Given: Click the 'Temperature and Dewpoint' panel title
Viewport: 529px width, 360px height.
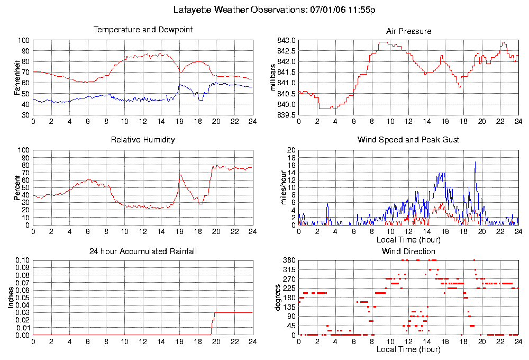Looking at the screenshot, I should [143, 30].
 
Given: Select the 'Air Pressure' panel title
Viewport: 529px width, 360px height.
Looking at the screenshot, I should [408, 31].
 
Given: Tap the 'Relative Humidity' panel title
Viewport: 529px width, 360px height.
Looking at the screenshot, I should [143, 140].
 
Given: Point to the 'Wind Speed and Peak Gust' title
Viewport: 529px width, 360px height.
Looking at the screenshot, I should [408, 140].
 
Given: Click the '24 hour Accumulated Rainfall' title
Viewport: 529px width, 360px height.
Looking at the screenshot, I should [143, 251].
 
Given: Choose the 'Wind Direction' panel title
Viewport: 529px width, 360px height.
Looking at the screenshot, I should [408, 251].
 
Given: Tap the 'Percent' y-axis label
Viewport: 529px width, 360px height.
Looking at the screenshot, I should [18, 187].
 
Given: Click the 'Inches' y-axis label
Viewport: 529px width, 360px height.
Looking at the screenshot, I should [11, 298].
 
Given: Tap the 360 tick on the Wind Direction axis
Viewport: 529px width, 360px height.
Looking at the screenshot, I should [288, 260].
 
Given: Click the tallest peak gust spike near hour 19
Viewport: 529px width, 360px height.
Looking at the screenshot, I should [475, 162].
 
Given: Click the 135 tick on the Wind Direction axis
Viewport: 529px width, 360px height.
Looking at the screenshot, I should [288, 307].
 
